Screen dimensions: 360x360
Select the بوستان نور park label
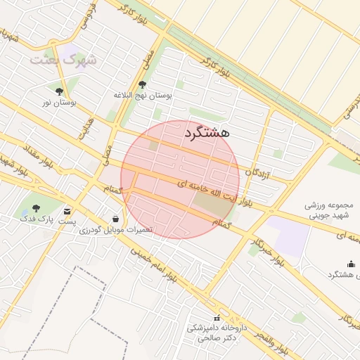point(58,103)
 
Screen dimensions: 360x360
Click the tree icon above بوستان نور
point(58,91)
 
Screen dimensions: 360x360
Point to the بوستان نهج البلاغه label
point(142,94)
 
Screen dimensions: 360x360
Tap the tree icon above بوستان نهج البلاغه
point(142,84)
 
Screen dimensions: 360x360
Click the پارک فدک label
point(37,219)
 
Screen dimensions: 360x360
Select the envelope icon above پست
point(67,210)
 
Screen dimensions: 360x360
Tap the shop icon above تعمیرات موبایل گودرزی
point(115,219)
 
